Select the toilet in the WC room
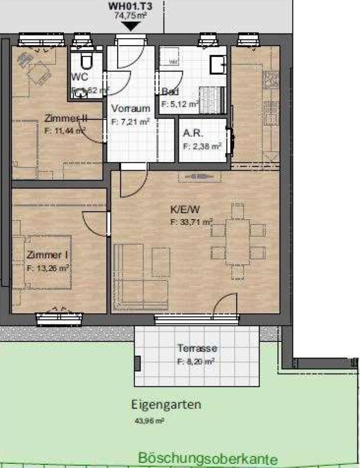[x=86, y=61]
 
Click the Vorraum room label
[x=130, y=108]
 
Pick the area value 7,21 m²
[x=131, y=122]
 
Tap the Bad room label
[x=170, y=92]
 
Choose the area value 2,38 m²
[x=202, y=146]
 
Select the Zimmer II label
[x=64, y=118]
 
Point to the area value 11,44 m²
[x=65, y=130]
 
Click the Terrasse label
[x=197, y=348]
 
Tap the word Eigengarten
[x=166, y=404]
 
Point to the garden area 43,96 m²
[x=150, y=421]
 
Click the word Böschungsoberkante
[x=207, y=458]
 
